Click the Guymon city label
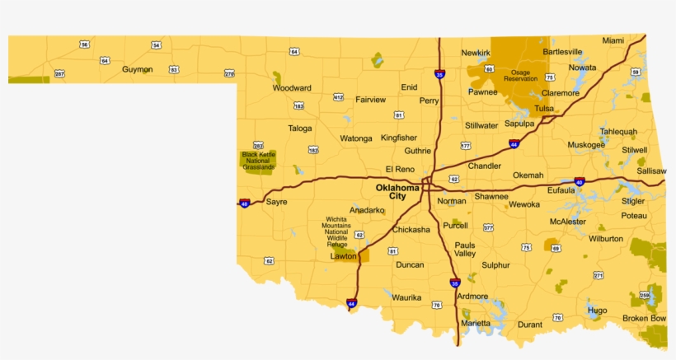click(x=137, y=70)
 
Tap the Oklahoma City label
click(x=397, y=191)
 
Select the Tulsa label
click(x=543, y=109)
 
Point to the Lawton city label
click(x=343, y=256)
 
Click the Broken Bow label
click(x=644, y=318)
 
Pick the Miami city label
click(x=613, y=40)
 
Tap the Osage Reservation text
click(x=520, y=75)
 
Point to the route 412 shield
click(x=338, y=97)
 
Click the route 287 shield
click(x=59, y=74)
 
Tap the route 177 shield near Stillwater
click(x=465, y=145)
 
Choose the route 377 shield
click(x=488, y=227)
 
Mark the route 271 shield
click(x=599, y=275)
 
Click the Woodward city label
click(x=292, y=88)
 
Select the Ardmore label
click(x=472, y=297)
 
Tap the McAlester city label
click(x=568, y=222)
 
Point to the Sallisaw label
click(x=651, y=171)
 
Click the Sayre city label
click(x=276, y=201)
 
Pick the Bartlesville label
click(x=562, y=52)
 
